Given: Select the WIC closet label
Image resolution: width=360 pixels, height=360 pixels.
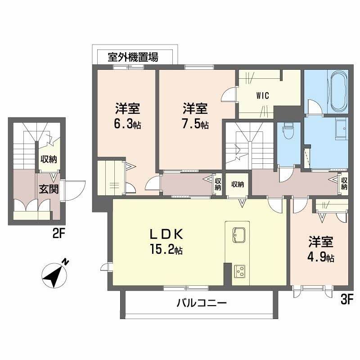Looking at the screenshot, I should (263, 95).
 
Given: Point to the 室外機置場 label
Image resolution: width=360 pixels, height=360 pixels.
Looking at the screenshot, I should (133, 57).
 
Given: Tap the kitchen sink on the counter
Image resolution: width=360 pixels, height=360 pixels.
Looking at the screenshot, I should (238, 234).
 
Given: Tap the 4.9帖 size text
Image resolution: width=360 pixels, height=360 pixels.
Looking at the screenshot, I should (321, 258).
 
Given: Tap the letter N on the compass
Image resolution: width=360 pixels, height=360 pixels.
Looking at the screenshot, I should (66, 261).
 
